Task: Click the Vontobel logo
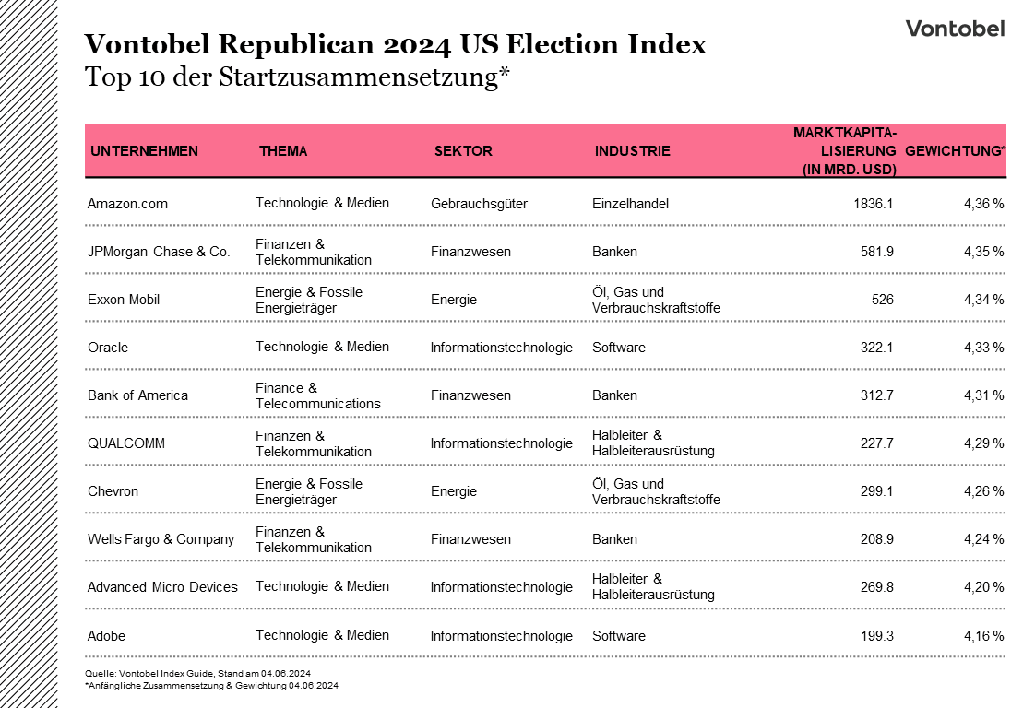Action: click(x=955, y=29)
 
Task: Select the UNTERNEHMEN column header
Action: click(x=144, y=151)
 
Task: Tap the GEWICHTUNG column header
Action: click(x=955, y=151)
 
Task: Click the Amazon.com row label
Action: click(x=127, y=204)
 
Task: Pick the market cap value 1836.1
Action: click(x=874, y=204)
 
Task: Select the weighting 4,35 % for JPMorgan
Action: click(x=983, y=252)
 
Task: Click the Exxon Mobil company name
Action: click(x=124, y=300)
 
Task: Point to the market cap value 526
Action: click(x=882, y=300)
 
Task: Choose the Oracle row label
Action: click(x=108, y=348)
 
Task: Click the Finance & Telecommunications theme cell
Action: click(x=317, y=395)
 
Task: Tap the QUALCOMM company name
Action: click(x=126, y=443)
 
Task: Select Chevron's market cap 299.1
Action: click(x=876, y=491)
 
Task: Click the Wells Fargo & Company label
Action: click(x=161, y=539)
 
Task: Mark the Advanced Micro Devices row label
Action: click(x=162, y=587)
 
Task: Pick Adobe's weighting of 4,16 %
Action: click(x=983, y=636)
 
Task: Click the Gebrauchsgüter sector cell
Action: click(x=479, y=204)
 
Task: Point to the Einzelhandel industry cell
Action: click(x=630, y=204)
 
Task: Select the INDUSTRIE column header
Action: click(x=632, y=151)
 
